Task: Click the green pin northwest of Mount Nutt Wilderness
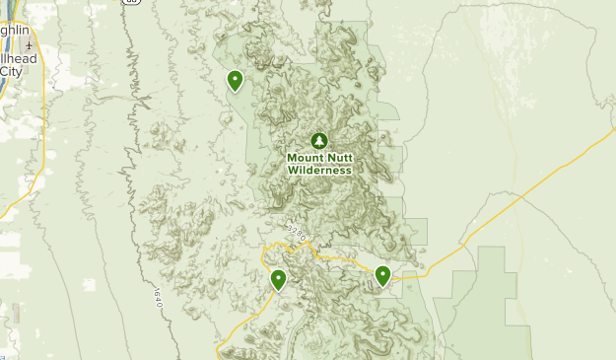(235, 80)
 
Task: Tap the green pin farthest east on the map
(382, 276)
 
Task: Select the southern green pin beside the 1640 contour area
(279, 280)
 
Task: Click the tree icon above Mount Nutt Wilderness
(317, 140)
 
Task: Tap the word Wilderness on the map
(319, 170)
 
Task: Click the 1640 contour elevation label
(157, 297)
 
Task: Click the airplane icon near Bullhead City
(31, 46)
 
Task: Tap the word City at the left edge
(11, 71)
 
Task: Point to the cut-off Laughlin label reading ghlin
(13, 31)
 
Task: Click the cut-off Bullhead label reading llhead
(18, 59)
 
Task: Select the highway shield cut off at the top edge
(130, 2)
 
